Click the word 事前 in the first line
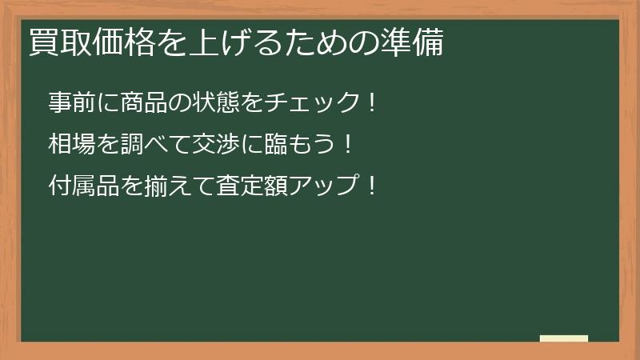(70, 102)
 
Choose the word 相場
(70, 145)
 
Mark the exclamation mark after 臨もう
(346, 145)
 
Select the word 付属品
(81, 187)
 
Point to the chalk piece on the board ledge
(564, 338)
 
